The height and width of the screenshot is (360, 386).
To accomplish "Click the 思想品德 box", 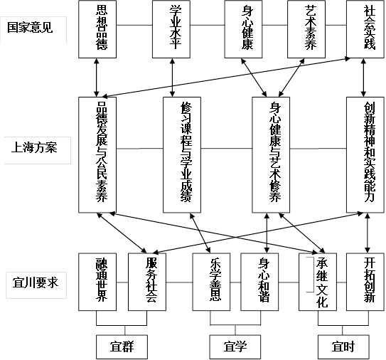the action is [97, 29].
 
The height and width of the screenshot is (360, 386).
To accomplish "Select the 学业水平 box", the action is [171, 29].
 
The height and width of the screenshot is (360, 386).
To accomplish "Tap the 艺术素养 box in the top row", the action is [306, 29].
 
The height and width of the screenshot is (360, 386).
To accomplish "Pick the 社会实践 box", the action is [365, 29].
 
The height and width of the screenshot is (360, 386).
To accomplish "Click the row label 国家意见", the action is [30, 28].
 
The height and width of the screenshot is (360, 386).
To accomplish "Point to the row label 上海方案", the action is [34, 147].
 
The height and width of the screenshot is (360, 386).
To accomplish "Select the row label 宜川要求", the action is [36, 282].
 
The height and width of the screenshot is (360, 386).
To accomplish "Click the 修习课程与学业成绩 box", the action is [182, 155].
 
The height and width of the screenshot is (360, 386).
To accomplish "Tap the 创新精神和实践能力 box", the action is [365, 155].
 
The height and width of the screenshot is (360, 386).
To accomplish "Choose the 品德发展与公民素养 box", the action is [97, 155].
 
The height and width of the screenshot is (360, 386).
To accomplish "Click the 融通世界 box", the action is [97, 282].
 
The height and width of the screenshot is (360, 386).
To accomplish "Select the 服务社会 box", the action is [147, 282].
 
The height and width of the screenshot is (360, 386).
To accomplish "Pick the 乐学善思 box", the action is [211, 282].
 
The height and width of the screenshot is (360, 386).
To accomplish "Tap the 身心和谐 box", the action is [259, 282].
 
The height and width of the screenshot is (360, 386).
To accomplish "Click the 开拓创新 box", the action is [365, 282].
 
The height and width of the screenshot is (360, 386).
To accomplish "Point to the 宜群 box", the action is [122, 346].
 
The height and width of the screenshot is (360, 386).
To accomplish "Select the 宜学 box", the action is [235, 346].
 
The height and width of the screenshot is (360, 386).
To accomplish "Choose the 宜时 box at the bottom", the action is [343, 346].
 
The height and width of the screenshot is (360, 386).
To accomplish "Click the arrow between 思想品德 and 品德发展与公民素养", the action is [97, 78].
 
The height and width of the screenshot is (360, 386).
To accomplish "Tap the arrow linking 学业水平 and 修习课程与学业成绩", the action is [172, 78].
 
